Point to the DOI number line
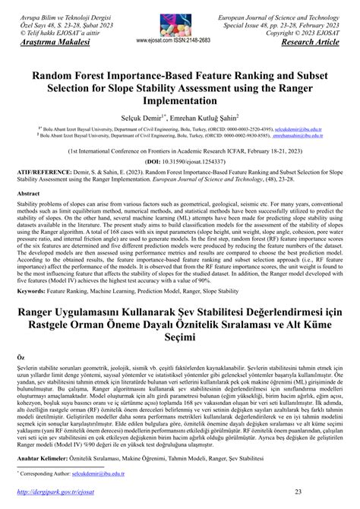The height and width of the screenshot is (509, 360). (x=180, y=183)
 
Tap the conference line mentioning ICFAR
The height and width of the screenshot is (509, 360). (x=180, y=172)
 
